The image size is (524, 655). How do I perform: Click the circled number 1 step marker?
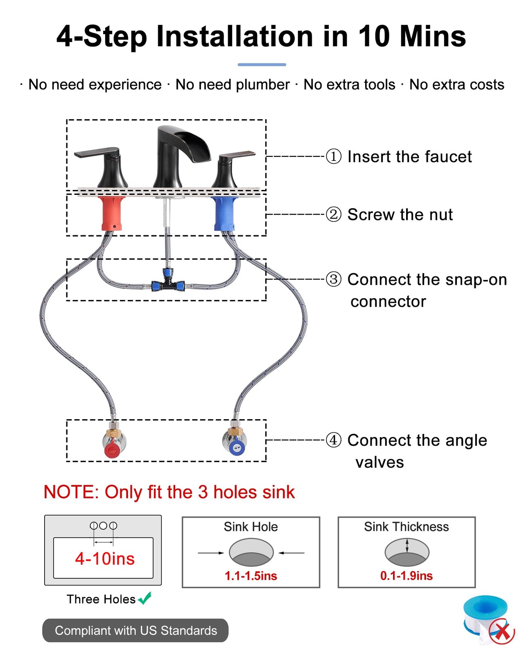click(x=333, y=156)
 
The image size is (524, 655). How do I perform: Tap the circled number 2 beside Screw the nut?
click(x=333, y=214)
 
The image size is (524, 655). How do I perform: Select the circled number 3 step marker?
click(x=333, y=279)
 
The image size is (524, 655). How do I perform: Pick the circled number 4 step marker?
click(x=333, y=440)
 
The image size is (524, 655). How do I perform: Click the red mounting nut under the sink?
click(x=111, y=213)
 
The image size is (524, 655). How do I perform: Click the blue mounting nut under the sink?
click(x=224, y=213)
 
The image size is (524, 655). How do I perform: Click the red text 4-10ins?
click(x=105, y=558)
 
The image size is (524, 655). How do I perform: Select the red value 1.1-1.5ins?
click(x=251, y=576)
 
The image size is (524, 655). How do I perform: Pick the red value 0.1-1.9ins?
click(x=407, y=576)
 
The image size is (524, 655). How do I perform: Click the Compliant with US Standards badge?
click(x=135, y=630)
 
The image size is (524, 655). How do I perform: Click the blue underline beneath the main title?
click(x=262, y=65)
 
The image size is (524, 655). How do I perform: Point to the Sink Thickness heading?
click(x=407, y=526)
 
